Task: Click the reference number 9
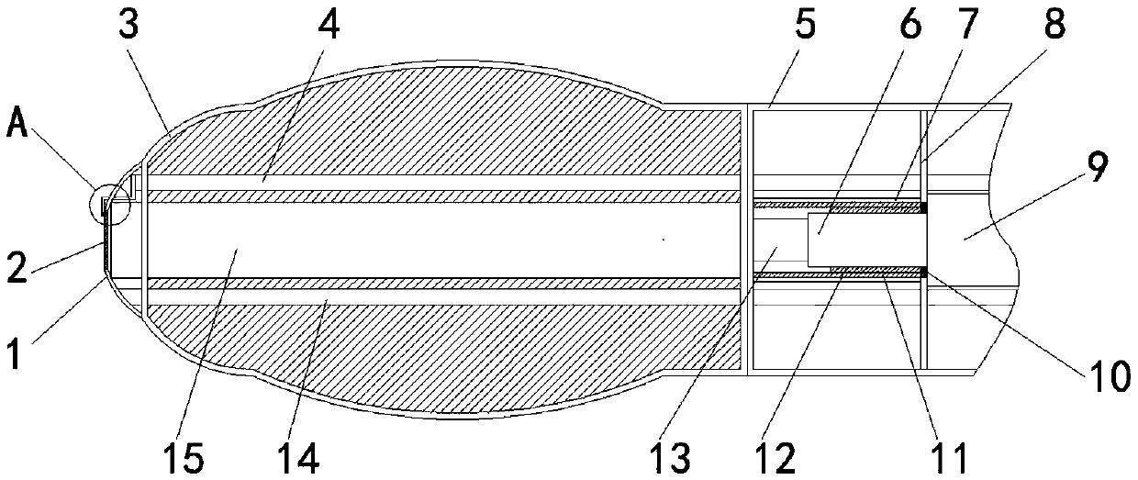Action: [x=1098, y=167]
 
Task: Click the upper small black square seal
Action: [x=924, y=208]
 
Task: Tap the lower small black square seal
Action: [x=924, y=270]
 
